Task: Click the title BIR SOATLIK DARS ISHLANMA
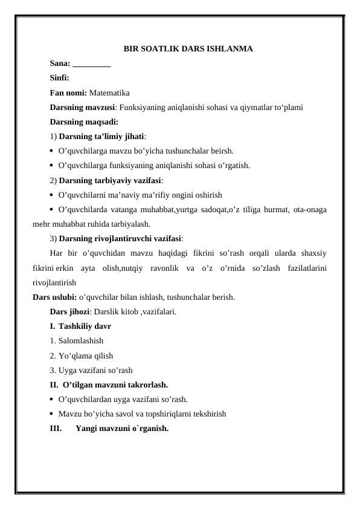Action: tap(188, 48)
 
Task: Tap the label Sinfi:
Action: tap(59, 78)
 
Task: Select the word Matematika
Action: tap(109, 92)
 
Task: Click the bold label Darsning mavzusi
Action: tap(83, 108)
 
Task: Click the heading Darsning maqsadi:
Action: tap(84, 122)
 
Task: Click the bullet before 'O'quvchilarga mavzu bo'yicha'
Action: tap(53, 151)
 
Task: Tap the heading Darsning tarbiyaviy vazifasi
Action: tap(110, 180)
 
